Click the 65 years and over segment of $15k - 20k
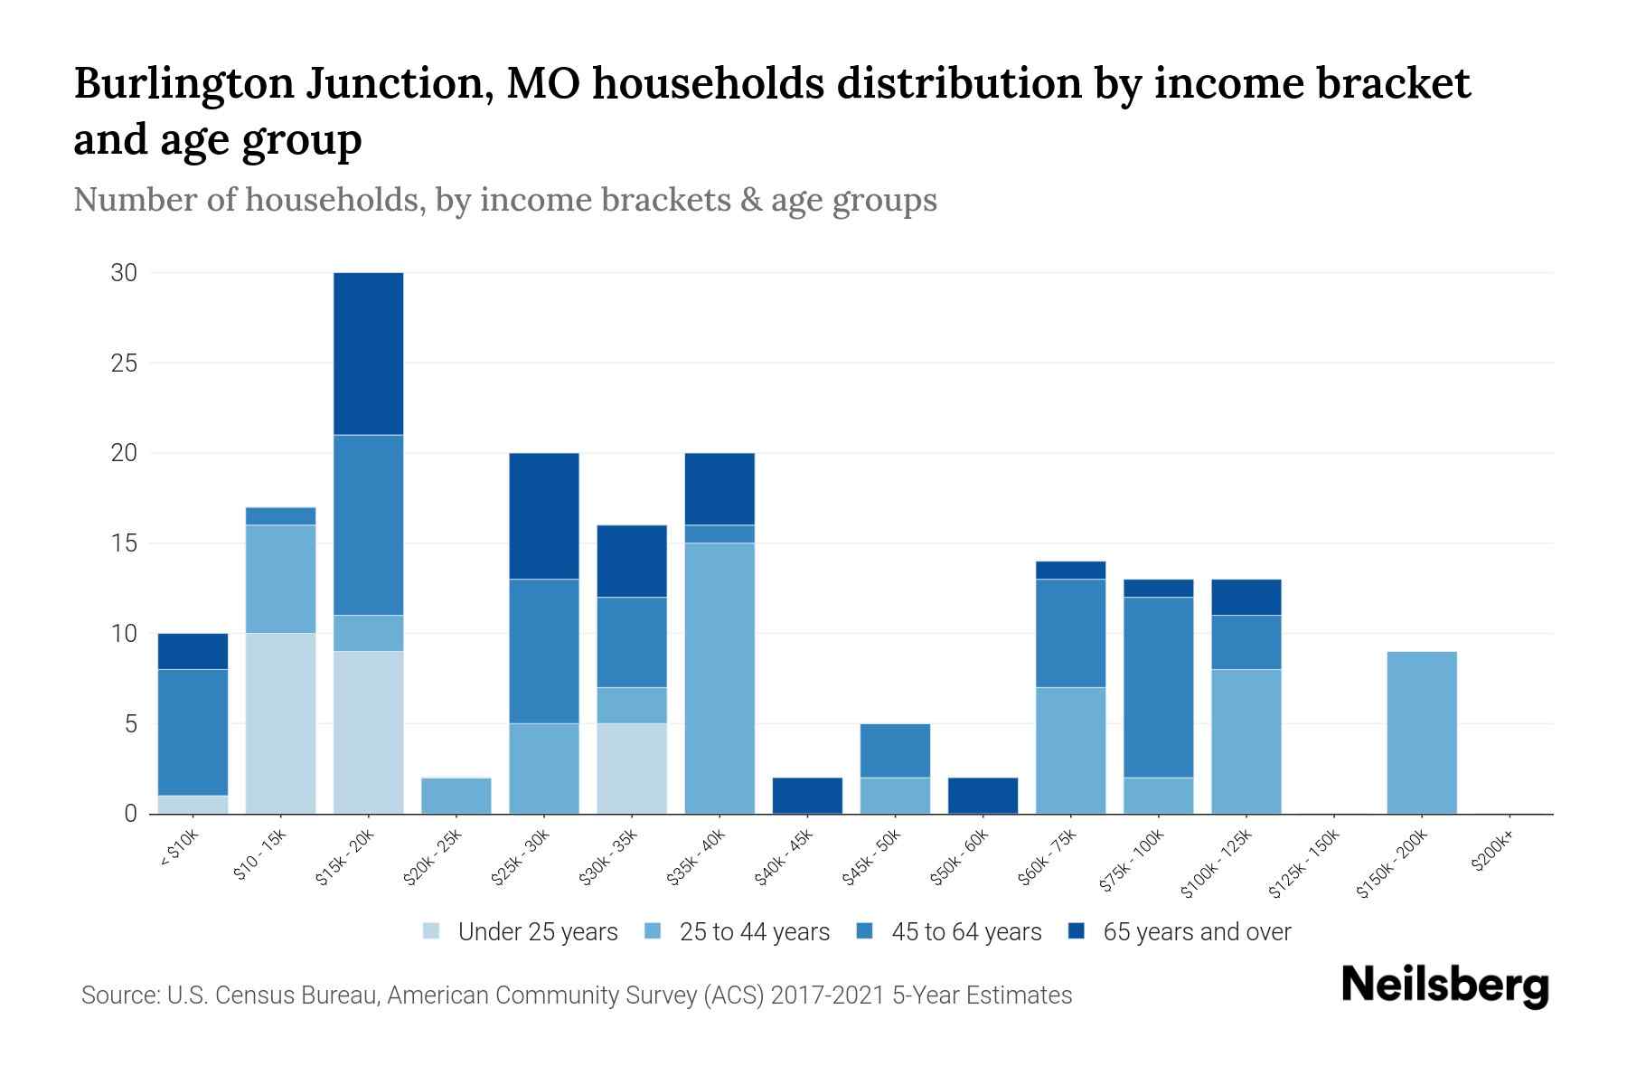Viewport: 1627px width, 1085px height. click(368, 354)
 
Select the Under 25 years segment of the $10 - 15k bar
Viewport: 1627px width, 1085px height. click(280, 723)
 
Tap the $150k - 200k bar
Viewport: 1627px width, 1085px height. click(1421, 732)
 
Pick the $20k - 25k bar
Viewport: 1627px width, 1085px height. click(456, 796)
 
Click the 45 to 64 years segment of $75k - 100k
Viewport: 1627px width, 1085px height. click(1158, 687)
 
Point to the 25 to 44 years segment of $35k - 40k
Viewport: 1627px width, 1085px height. click(719, 678)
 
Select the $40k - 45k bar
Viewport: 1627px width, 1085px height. click(807, 796)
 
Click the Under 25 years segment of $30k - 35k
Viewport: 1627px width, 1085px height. click(632, 769)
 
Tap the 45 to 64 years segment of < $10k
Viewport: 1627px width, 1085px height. click(193, 732)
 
